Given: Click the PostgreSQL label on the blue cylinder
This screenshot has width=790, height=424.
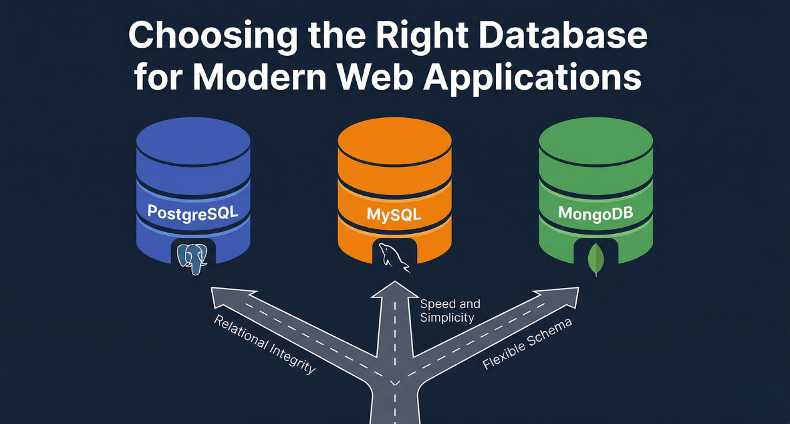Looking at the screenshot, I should (192, 211).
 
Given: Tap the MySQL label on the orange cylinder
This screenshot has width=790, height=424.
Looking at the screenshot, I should (394, 213).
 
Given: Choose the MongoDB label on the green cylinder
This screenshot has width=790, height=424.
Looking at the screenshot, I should (596, 213).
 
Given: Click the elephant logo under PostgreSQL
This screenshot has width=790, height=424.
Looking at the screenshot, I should (192, 258).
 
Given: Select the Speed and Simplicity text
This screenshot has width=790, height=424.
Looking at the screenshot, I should (450, 310).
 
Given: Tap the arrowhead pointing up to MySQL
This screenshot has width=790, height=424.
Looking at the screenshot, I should (395, 289).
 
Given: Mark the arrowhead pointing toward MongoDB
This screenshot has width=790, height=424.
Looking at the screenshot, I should (560, 297).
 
